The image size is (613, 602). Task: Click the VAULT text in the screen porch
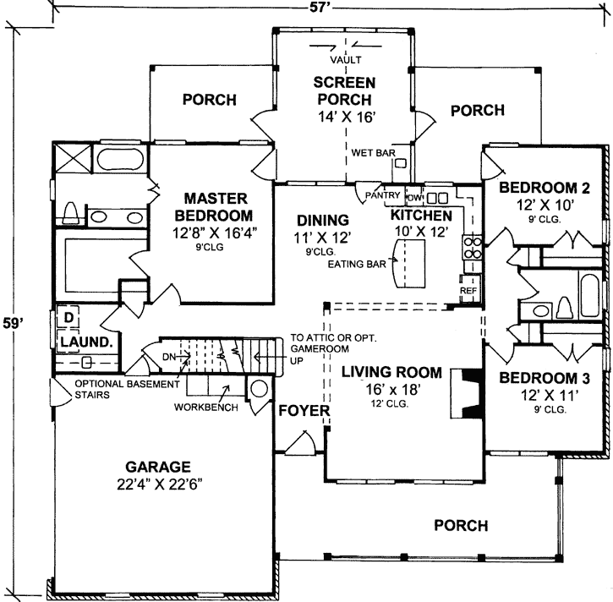(345, 59)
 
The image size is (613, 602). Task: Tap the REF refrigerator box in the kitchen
(468, 290)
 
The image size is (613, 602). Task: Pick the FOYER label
(298, 412)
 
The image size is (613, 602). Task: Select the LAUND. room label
(81, 342)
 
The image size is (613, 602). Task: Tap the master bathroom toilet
(71, 211)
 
